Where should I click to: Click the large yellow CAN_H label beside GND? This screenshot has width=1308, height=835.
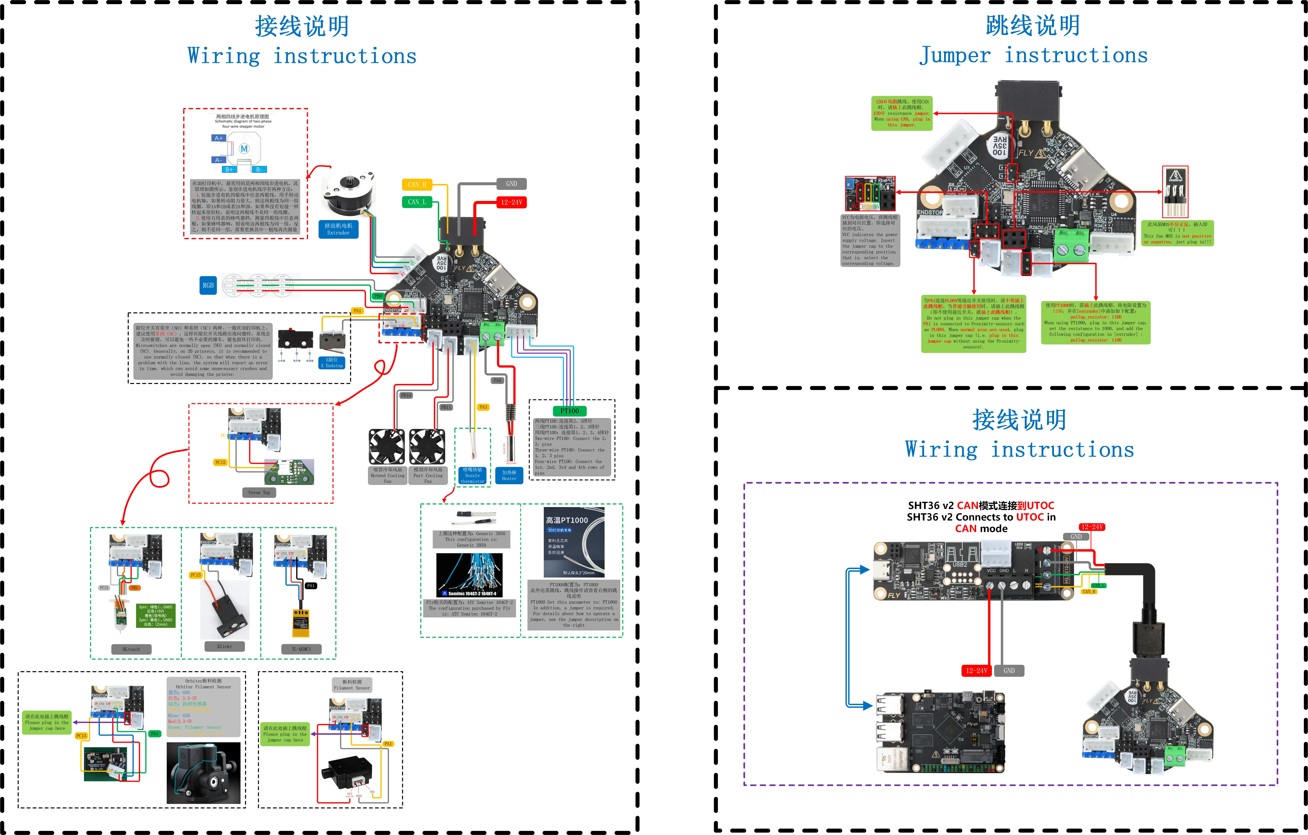(417, 185)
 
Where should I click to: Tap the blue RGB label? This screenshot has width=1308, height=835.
(208, 285)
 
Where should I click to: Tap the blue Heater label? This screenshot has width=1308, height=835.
(509, 475)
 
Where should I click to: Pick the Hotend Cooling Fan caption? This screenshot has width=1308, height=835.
(387, 475)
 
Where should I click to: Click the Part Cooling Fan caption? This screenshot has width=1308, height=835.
(428, 475)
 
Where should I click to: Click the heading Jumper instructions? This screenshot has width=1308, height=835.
(1033, 55)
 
